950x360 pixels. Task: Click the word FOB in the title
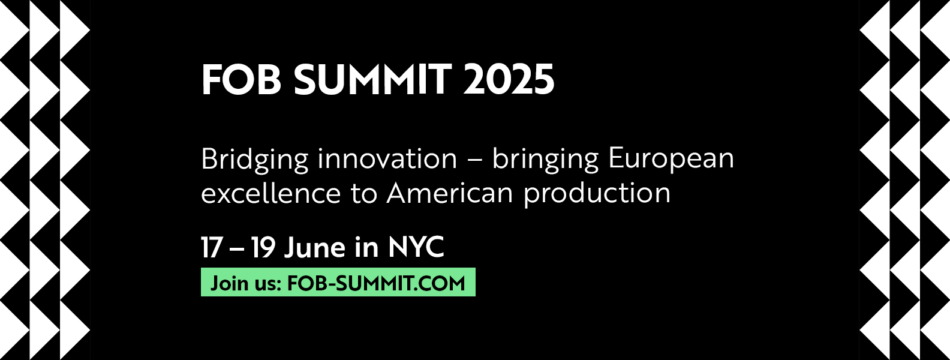(241, 79)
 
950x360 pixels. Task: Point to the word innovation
(387, 158)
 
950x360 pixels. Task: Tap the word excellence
(271, 193)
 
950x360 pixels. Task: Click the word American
(450, 193)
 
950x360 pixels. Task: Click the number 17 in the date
(211, 247)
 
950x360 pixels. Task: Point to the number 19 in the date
(263, 247)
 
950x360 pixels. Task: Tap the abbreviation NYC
(416, 247)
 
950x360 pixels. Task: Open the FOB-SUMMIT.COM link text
(376, 283)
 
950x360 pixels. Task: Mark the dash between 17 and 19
(236, 249)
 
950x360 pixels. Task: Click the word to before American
(364, 194)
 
